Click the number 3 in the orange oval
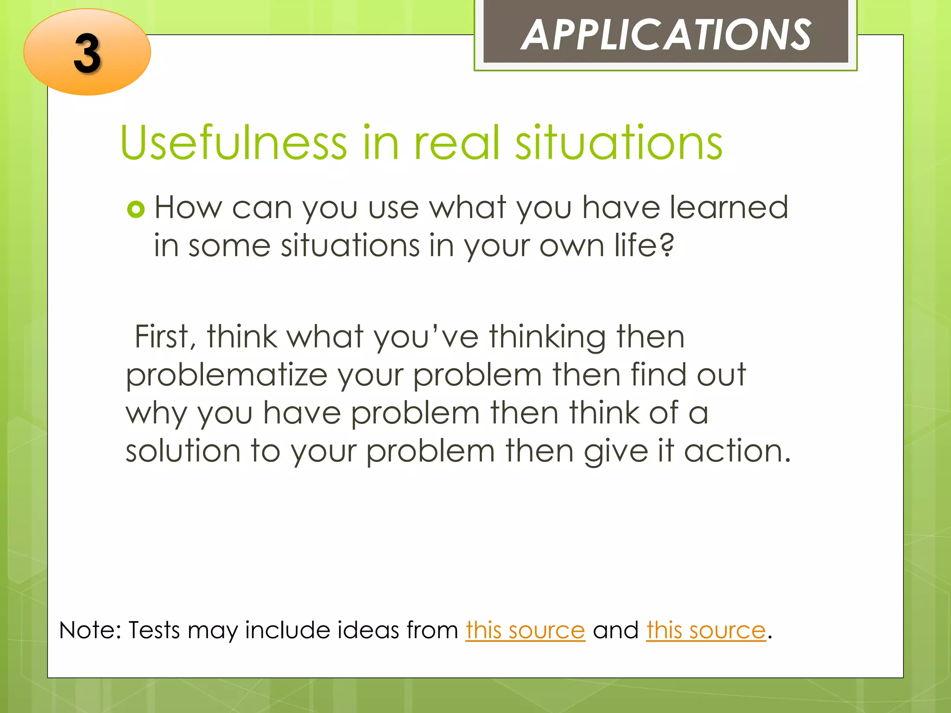(87, 53)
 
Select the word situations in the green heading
(619, 143)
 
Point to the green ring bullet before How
(136, 209)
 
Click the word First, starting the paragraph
(165, 337)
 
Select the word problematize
(227, 375)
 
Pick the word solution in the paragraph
(183, 451)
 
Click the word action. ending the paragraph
(737, 451)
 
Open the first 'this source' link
(525, 630)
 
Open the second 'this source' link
(705, 630)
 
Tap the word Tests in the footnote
(154, 630)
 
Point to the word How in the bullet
(188, 207)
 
